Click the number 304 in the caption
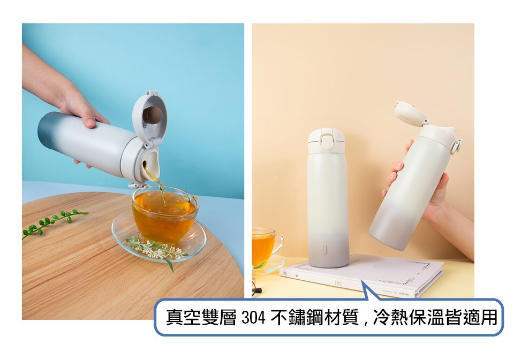[253, 317]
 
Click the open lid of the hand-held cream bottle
[410, 113]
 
